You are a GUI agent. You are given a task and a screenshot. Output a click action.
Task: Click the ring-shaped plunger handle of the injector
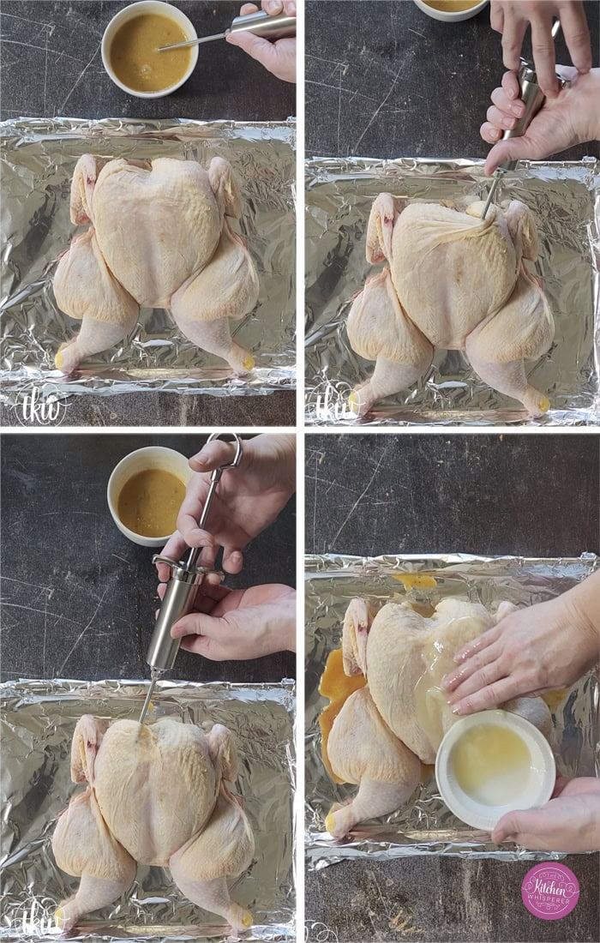click(x=225, y=449)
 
